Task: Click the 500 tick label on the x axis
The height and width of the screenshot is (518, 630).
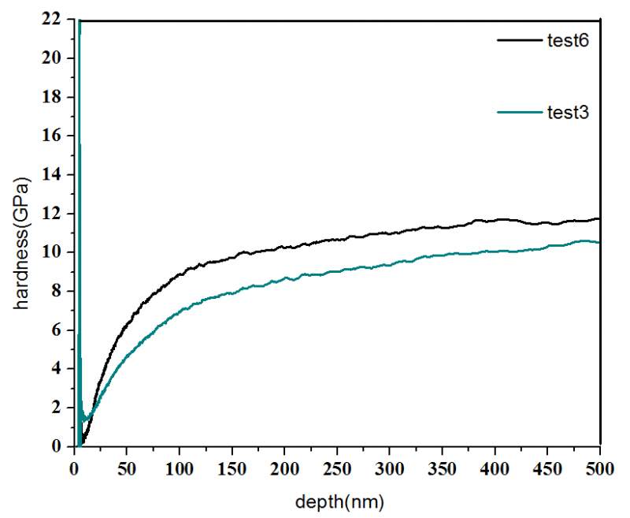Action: click(600, 464)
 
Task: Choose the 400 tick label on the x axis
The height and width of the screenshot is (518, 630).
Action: click(495, 464)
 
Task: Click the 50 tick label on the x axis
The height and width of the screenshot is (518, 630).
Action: click(128, 464)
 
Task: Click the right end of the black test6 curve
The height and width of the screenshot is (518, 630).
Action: click(599, 219)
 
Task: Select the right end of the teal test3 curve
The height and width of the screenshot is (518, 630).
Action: click(599, 242)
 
